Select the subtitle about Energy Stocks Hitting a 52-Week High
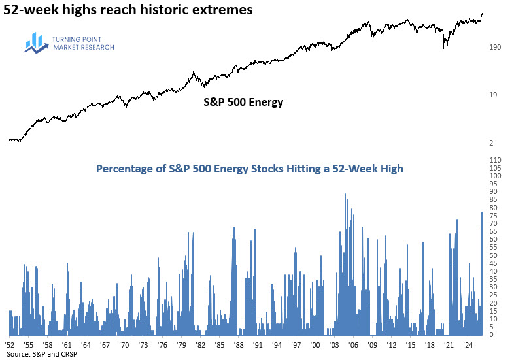250,169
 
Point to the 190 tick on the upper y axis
495,48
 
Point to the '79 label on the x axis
181,343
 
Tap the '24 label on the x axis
468,343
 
